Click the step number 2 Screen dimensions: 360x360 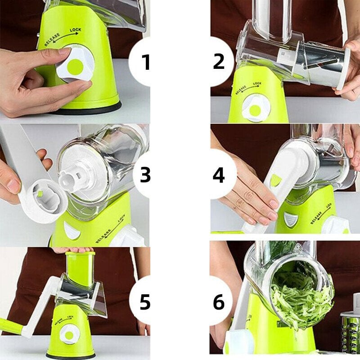(x=219, y=62)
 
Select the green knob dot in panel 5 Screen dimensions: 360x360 (x=70, y=333)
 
